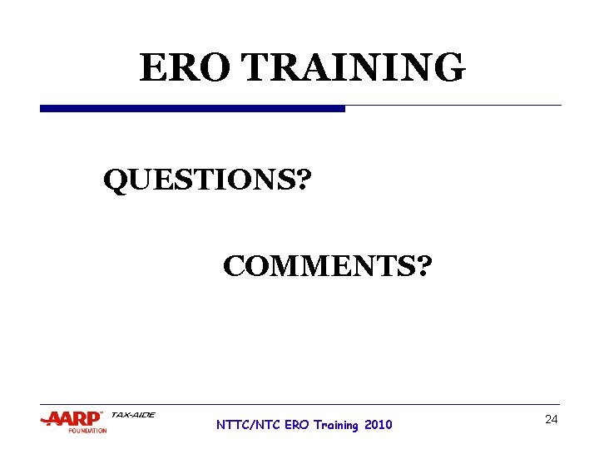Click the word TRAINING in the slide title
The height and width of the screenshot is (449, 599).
354,67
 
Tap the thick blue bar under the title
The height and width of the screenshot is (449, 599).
192,109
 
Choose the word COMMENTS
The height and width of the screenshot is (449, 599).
319,267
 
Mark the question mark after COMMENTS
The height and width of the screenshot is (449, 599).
423,267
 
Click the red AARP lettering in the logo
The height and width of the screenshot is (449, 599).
72,419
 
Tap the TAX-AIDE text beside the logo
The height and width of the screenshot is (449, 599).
133,414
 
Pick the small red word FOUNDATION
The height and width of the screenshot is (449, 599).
87,431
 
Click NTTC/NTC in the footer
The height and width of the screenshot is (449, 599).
248,425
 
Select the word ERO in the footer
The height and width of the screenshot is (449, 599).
296,425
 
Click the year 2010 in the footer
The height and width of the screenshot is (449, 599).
378,425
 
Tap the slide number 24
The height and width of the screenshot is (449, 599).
551,420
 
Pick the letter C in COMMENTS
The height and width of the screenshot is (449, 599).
234,267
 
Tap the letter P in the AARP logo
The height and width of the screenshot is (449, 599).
92,419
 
